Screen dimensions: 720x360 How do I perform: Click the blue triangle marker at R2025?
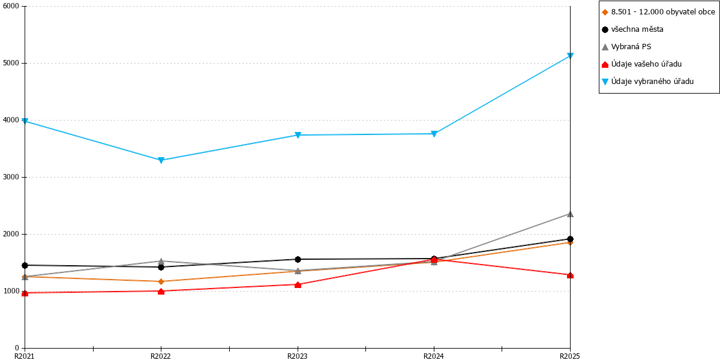pos(570,56)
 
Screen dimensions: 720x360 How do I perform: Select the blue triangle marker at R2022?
pos(161,160)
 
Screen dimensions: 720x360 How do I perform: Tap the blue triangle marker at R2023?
pos(298,135)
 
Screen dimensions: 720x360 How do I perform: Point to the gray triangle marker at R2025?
pos(570,214)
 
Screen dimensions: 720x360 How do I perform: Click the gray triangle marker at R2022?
pos(161,261)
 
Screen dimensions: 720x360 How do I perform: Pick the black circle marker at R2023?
pos(298,259)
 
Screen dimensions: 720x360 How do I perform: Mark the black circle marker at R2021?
pos(25,265)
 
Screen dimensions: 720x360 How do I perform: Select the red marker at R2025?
pos(570,275)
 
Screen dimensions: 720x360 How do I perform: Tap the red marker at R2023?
pos(298,284)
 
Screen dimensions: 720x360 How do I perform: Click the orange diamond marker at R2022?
pos(161,281)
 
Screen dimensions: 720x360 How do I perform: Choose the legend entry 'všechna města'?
pos(632,29)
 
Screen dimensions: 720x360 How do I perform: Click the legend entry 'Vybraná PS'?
pos(626,47)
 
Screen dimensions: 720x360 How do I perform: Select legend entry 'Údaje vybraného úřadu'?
pos(647,82)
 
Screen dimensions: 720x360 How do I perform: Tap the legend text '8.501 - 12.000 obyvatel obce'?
pos(663,12)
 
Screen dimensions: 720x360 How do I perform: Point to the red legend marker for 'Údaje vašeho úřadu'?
pos(605,64)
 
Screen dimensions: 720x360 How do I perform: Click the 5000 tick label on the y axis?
pos(11,63)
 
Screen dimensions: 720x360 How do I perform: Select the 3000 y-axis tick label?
pos(11,177)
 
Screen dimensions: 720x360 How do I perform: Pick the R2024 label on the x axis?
pos(434,356)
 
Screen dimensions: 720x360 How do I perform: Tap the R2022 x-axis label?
pos(161,356)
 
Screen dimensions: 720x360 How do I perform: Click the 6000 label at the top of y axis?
pos(11,6)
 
